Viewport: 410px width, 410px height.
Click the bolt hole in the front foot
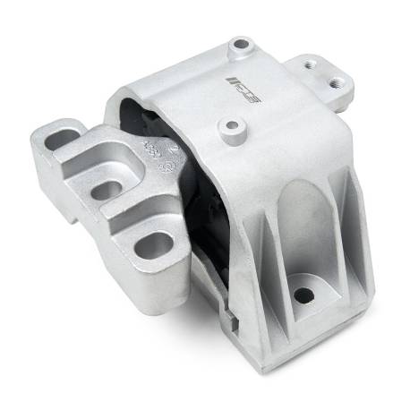click(x=303, y=293)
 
